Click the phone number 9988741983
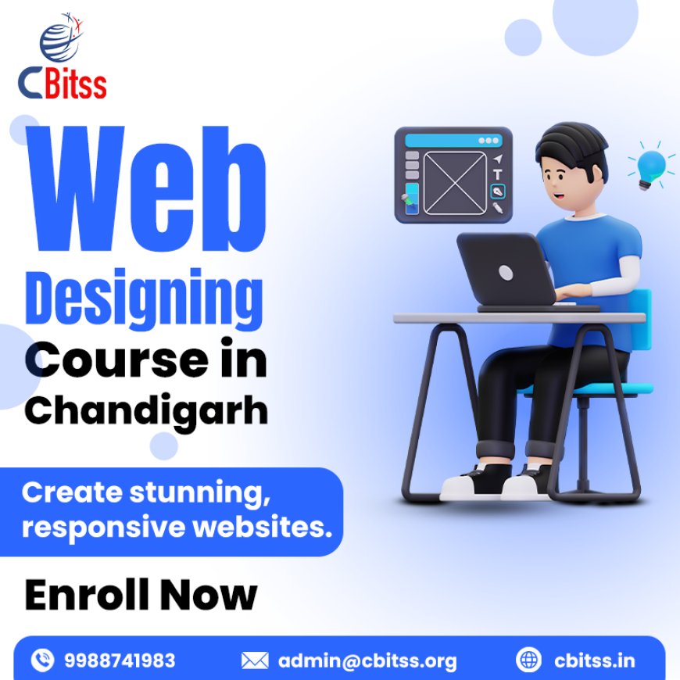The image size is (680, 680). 119,661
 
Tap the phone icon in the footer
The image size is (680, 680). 42,661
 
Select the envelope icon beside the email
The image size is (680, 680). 255,661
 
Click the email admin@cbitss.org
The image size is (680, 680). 367,661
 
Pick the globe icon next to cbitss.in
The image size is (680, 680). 529,661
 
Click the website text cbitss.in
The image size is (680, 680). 595,661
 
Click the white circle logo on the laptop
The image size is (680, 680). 506,272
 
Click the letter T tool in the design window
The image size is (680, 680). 497,174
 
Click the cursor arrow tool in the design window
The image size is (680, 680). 497,159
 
